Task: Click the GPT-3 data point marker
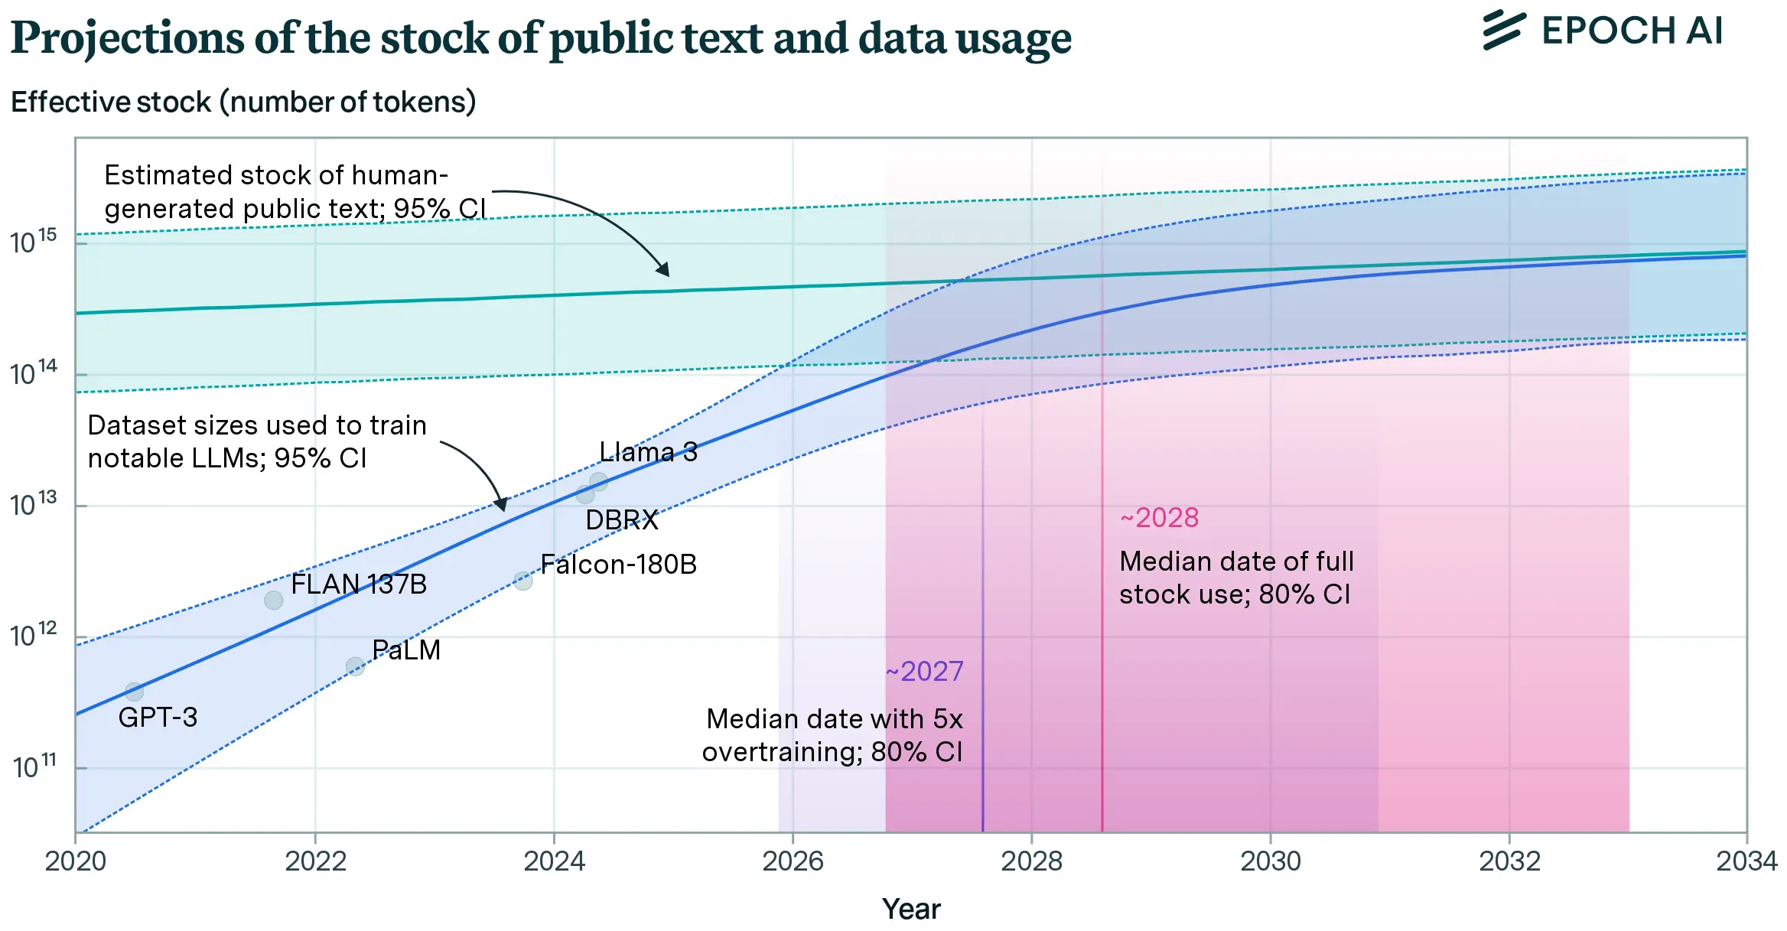[134, 692]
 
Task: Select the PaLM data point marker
[355, 666]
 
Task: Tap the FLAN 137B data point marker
[273, 600]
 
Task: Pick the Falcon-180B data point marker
[523, 581]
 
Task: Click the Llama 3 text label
[648, 452]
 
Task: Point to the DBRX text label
[621, 520]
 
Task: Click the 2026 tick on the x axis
[793, 861]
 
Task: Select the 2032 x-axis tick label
[1509, 861]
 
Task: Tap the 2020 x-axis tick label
[76, 861]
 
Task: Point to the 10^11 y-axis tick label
[34, 766]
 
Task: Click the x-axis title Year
[911, 909]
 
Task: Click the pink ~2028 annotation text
[1159, 518]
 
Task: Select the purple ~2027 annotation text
[924, 672]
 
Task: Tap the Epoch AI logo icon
[1504, 31]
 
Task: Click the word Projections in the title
[129, 38]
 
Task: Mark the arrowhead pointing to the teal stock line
[663, 269]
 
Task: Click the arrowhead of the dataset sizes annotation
[501, 504]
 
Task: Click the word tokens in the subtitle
[425, 102]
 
